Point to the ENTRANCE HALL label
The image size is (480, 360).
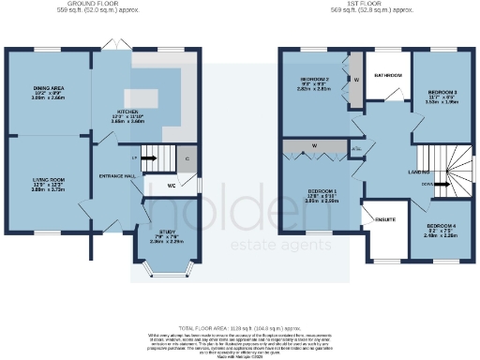pyautogui.click(x=113, y=174)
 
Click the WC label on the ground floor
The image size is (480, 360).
pyautogui.click(x=171, y=187)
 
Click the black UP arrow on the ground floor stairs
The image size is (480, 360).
pyautogui.click(x=137, y=157)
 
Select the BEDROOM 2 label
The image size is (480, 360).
pyautogui.click(x=315, y=80)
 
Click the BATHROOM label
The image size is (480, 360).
pyautogui.click(x=388, y=75)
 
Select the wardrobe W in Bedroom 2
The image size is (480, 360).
pyautogui.click(x=356, y=80)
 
